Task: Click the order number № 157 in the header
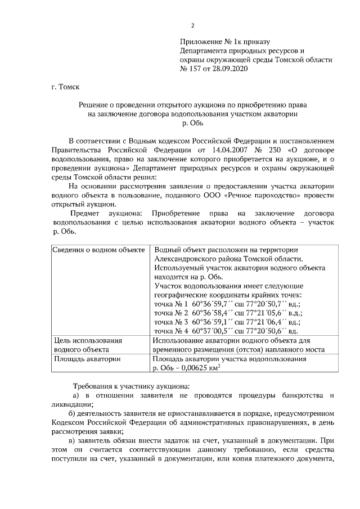[x=193, y=69]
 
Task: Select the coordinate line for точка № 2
[x=228, y=313]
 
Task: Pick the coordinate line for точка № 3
[x=228, y=322]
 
